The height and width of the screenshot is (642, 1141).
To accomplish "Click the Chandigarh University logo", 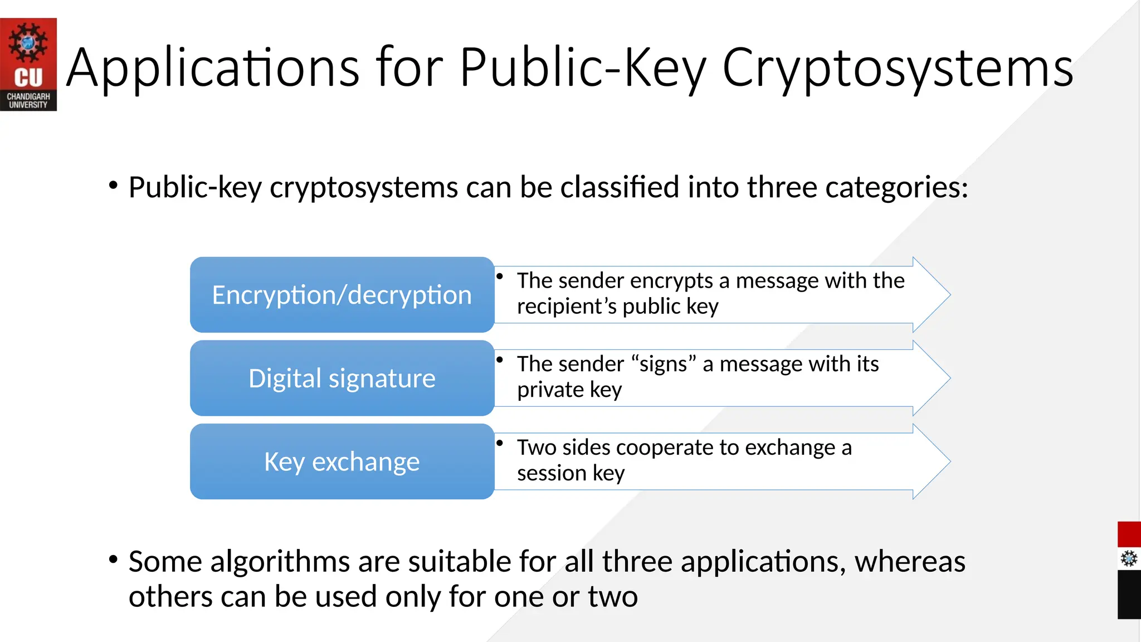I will [28, 64].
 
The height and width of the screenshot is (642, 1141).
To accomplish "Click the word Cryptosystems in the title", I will [898, 68].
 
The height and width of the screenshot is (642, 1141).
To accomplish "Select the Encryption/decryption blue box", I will [342, 295].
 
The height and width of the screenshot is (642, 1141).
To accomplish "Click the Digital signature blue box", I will [342, 378].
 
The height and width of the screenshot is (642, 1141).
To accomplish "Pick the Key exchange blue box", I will [342, 461].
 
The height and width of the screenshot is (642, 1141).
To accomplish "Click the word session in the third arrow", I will [552, 473].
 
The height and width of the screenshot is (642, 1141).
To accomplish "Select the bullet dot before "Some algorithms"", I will [114, 559].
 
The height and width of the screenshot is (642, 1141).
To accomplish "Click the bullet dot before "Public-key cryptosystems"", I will [114, 185].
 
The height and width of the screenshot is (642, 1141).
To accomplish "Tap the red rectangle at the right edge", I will [1129, 534].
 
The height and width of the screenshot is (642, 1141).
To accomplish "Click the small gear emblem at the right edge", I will [1129, 558].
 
